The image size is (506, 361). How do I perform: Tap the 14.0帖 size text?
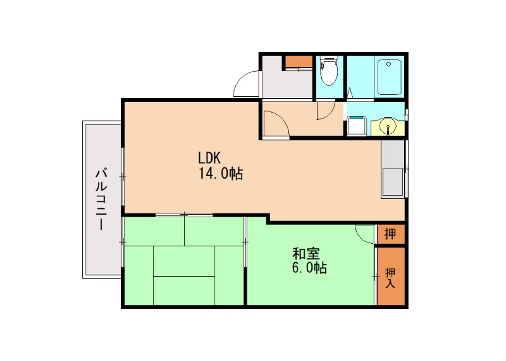pos(221,173)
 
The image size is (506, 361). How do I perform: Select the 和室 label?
pos(305,254)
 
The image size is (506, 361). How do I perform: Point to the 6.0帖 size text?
pos(309,268)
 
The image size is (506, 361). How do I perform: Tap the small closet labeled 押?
pos(390,234)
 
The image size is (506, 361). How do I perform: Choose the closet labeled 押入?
pos(390,277)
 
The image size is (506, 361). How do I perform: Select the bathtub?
pos(390,77)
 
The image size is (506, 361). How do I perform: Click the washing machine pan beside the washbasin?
pos(356,125)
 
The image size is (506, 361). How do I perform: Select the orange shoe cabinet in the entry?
pos(298,61)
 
